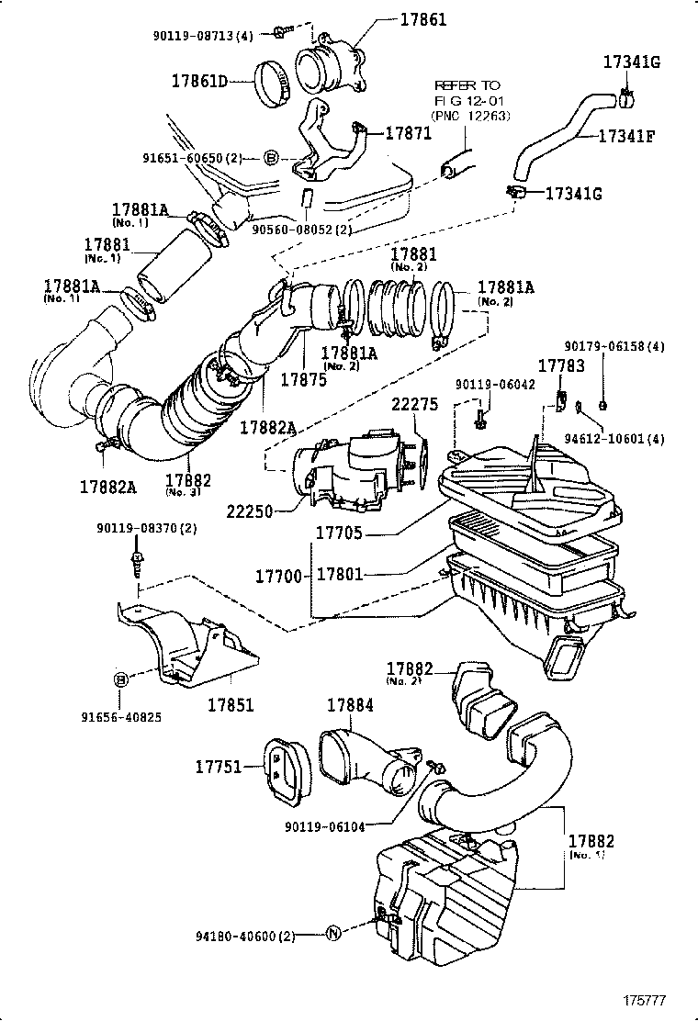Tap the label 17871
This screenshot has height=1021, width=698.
click(x=407, y=134)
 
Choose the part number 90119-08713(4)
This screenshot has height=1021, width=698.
click(x=203, y=36)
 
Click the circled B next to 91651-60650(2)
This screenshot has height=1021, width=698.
click(x=271, y=158)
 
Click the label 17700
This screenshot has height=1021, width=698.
click(x=279, y=576)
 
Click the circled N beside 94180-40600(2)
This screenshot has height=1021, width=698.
click(x=334, y=936)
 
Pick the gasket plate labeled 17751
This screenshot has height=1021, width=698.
click(x=282, y=766)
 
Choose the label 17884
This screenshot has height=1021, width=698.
click(x=350, y=706)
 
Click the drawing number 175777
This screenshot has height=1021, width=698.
click(x=646, y=999)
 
